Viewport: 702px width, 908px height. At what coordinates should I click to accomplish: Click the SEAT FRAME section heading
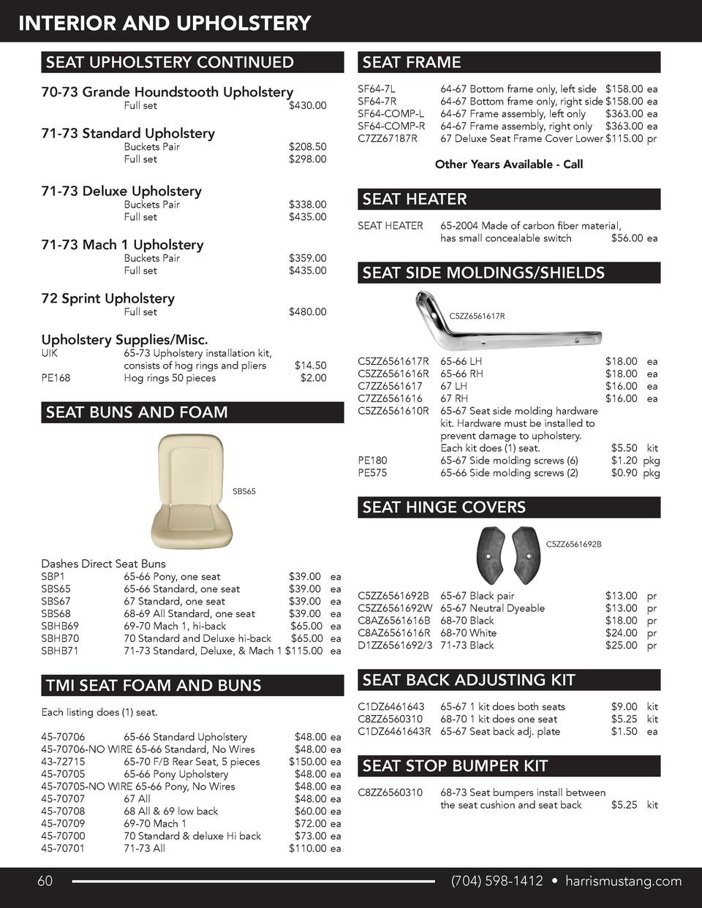tap(412, 63)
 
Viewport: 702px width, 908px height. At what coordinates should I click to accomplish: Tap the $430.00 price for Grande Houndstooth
tap(308, 106)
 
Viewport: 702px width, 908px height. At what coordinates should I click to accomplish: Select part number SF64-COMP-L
tap(390, 114)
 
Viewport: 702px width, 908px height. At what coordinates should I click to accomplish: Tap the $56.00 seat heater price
tap(625, 238)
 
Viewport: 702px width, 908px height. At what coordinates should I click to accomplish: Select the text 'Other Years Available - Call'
tap(508, 164)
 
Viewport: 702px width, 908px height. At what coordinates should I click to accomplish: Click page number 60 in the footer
tap(45, 882)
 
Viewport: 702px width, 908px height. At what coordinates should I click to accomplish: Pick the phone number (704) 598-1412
tap(497, 882)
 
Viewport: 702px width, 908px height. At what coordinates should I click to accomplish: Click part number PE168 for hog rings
tap(56, 378)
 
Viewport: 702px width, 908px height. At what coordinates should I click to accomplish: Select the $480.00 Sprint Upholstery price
tap(308, 312)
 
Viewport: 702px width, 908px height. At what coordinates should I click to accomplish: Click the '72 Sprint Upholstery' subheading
tap(107, 298)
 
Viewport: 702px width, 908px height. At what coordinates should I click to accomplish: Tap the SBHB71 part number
tap(60, 651)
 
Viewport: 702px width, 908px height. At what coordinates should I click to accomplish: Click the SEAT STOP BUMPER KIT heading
tap(455, 766)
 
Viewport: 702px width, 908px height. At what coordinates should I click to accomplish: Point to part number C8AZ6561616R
tap(393, 633)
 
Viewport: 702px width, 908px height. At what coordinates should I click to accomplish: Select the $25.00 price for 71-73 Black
tap(621, 646)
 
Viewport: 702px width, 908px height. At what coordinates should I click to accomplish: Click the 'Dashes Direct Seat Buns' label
tap(103, 564)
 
